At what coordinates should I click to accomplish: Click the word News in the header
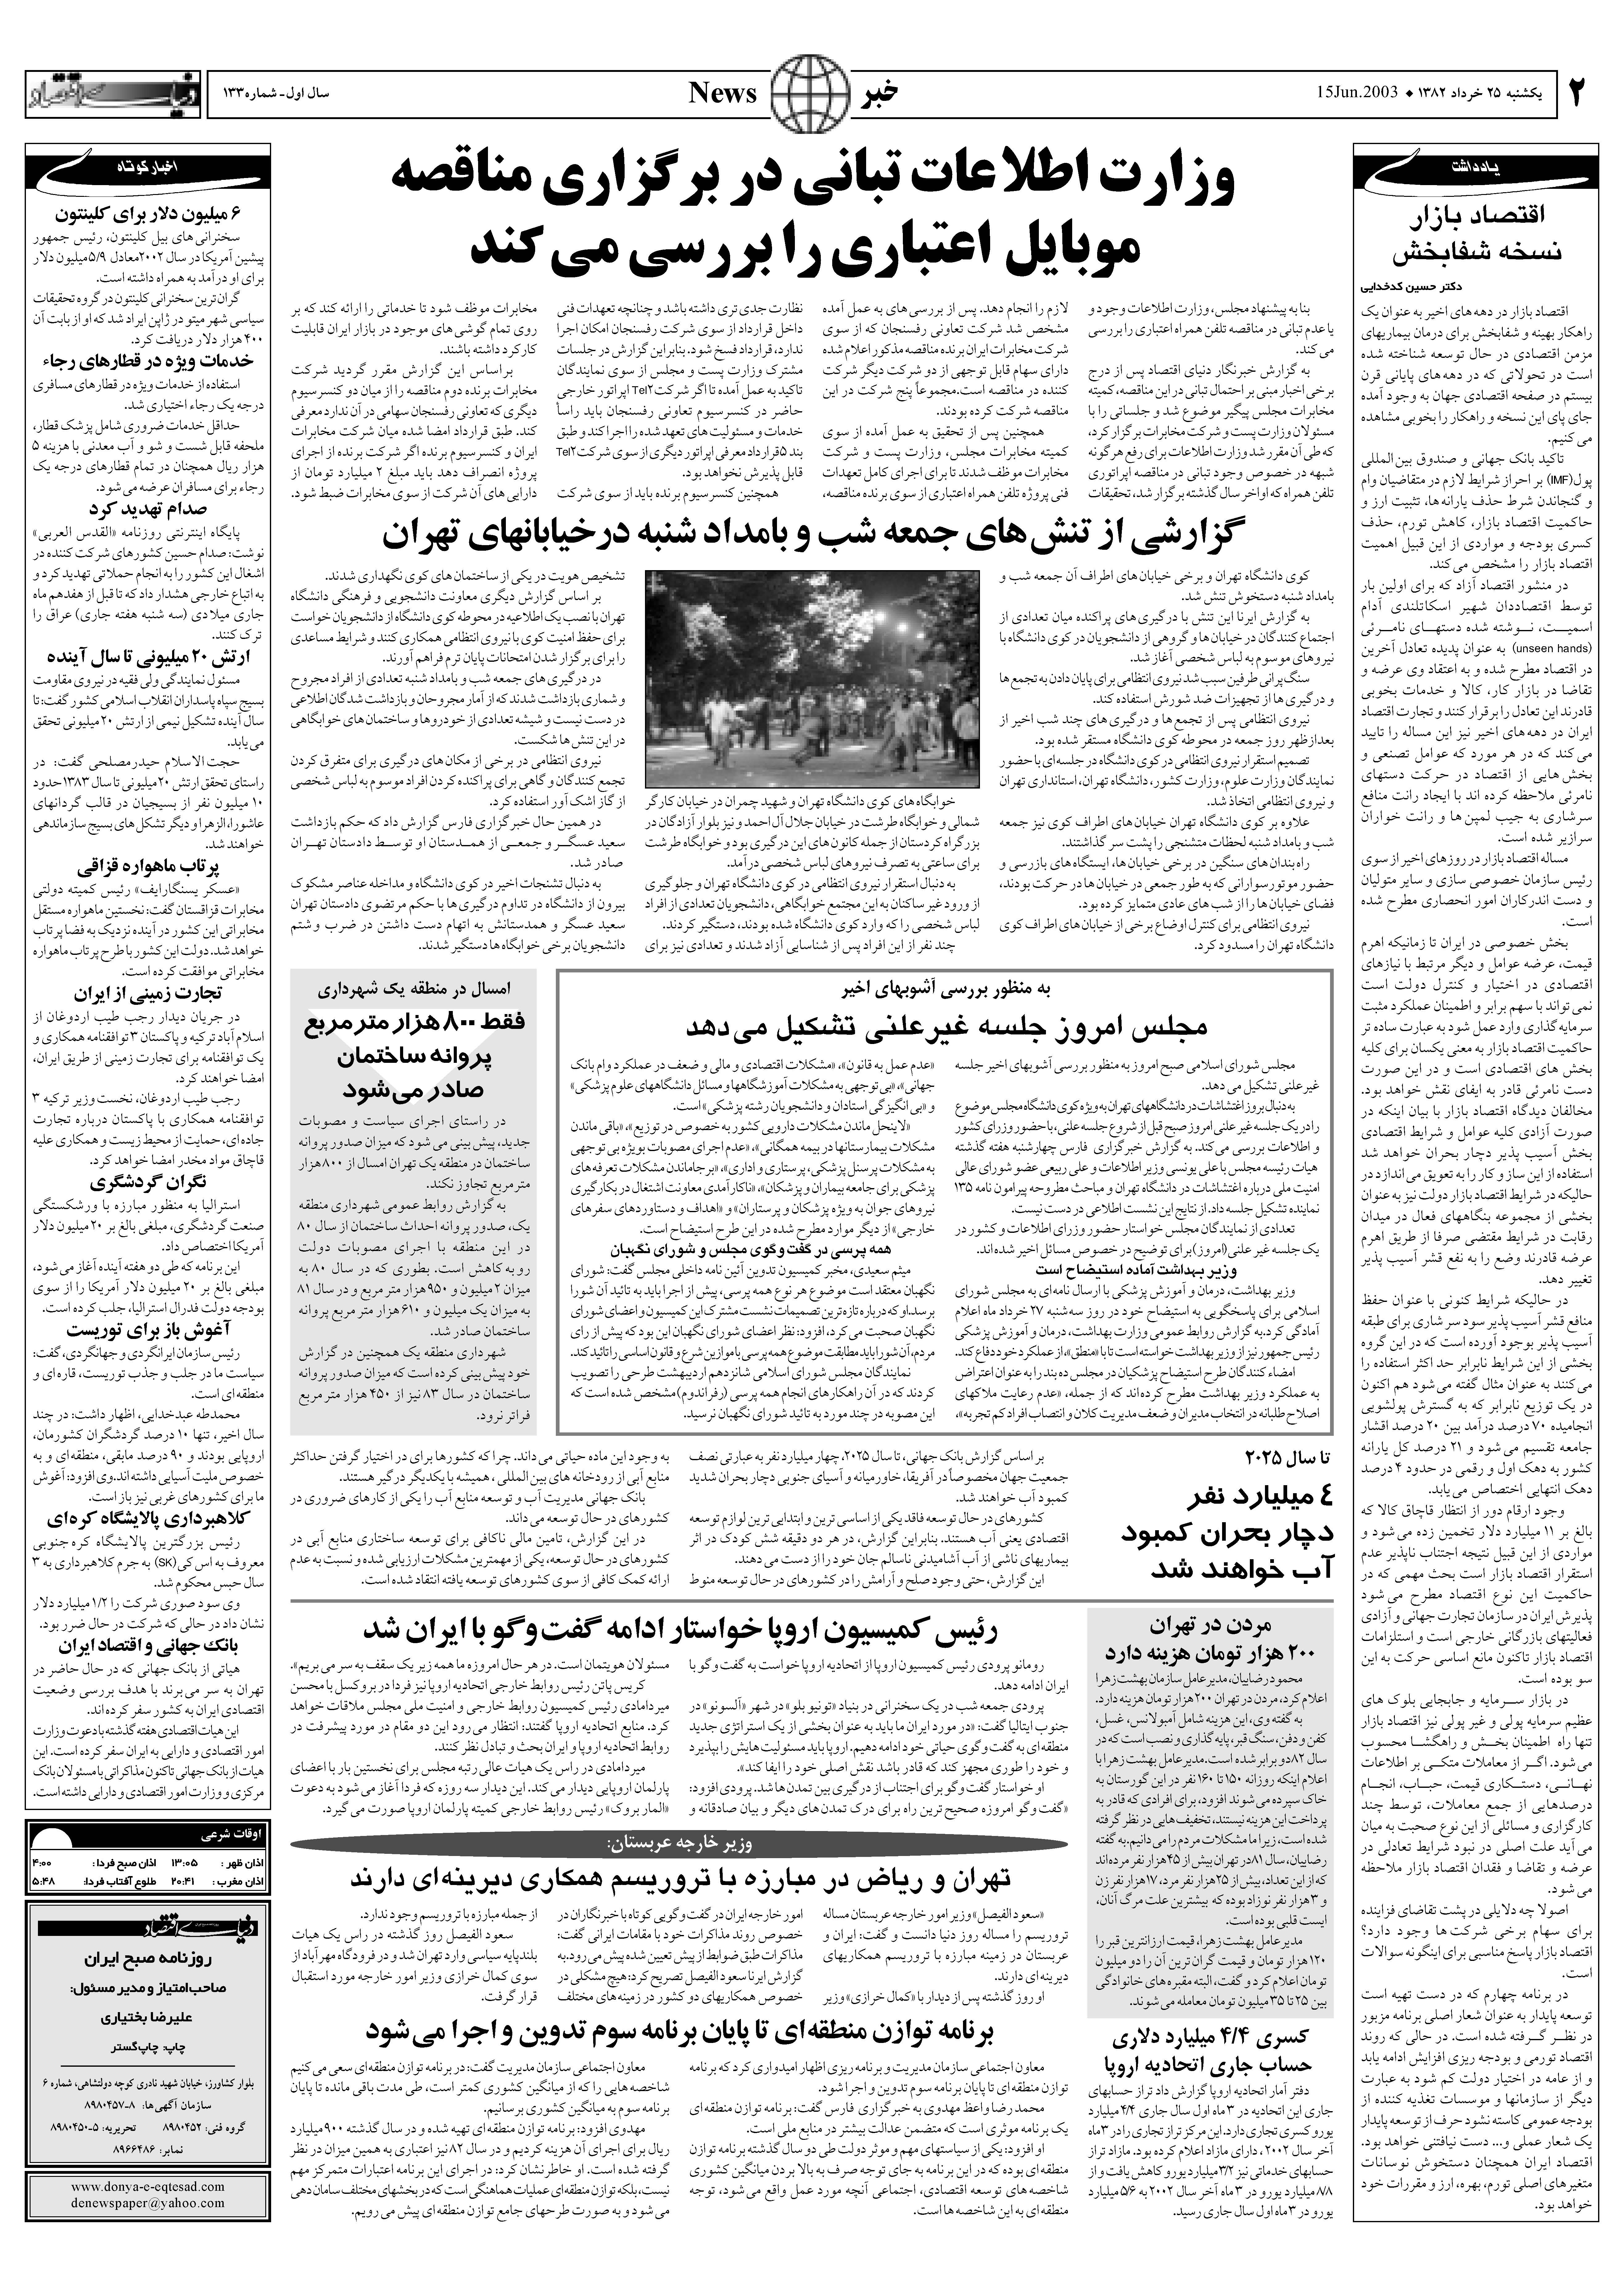coord(723,94)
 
